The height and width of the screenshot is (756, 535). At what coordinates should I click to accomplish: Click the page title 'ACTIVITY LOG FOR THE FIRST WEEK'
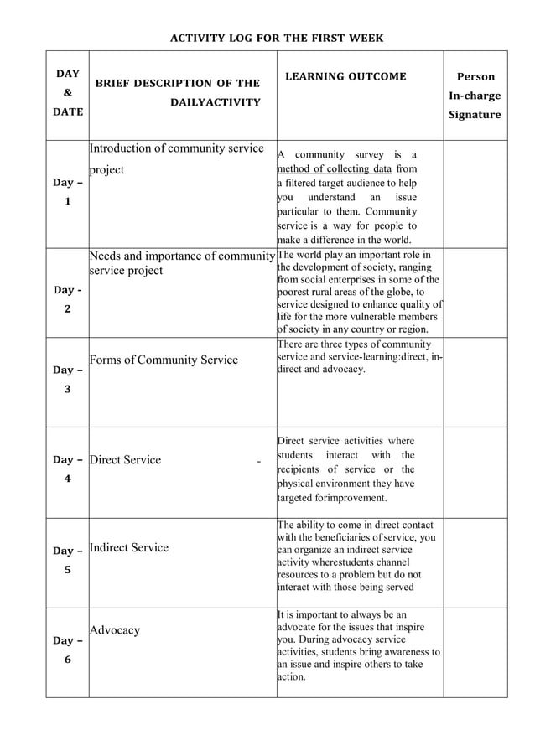277,38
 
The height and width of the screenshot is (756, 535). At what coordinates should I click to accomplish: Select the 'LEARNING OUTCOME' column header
345,76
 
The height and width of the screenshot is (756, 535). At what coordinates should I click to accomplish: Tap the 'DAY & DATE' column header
67,93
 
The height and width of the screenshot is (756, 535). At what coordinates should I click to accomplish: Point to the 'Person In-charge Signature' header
475,96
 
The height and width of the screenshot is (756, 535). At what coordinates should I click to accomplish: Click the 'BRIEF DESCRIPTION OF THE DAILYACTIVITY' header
178,93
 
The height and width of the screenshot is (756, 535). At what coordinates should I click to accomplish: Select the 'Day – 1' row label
67,192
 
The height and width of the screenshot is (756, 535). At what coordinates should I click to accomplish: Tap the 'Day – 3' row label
67,379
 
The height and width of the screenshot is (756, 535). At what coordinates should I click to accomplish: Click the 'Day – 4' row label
67,469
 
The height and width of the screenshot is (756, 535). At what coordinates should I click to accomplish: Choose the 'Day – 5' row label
67,559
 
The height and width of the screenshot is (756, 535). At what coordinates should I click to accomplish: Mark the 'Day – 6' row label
67,650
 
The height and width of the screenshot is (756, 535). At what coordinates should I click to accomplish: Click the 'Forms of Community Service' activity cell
164,360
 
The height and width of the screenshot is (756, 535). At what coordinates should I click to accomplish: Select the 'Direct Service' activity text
125,459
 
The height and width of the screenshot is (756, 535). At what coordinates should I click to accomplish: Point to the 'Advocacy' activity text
115,629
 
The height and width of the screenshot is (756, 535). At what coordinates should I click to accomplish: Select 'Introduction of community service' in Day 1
176,149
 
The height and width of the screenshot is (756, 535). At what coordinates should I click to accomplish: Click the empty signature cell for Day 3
475,382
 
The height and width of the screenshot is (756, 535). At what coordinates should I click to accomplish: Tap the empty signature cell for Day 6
475,652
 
